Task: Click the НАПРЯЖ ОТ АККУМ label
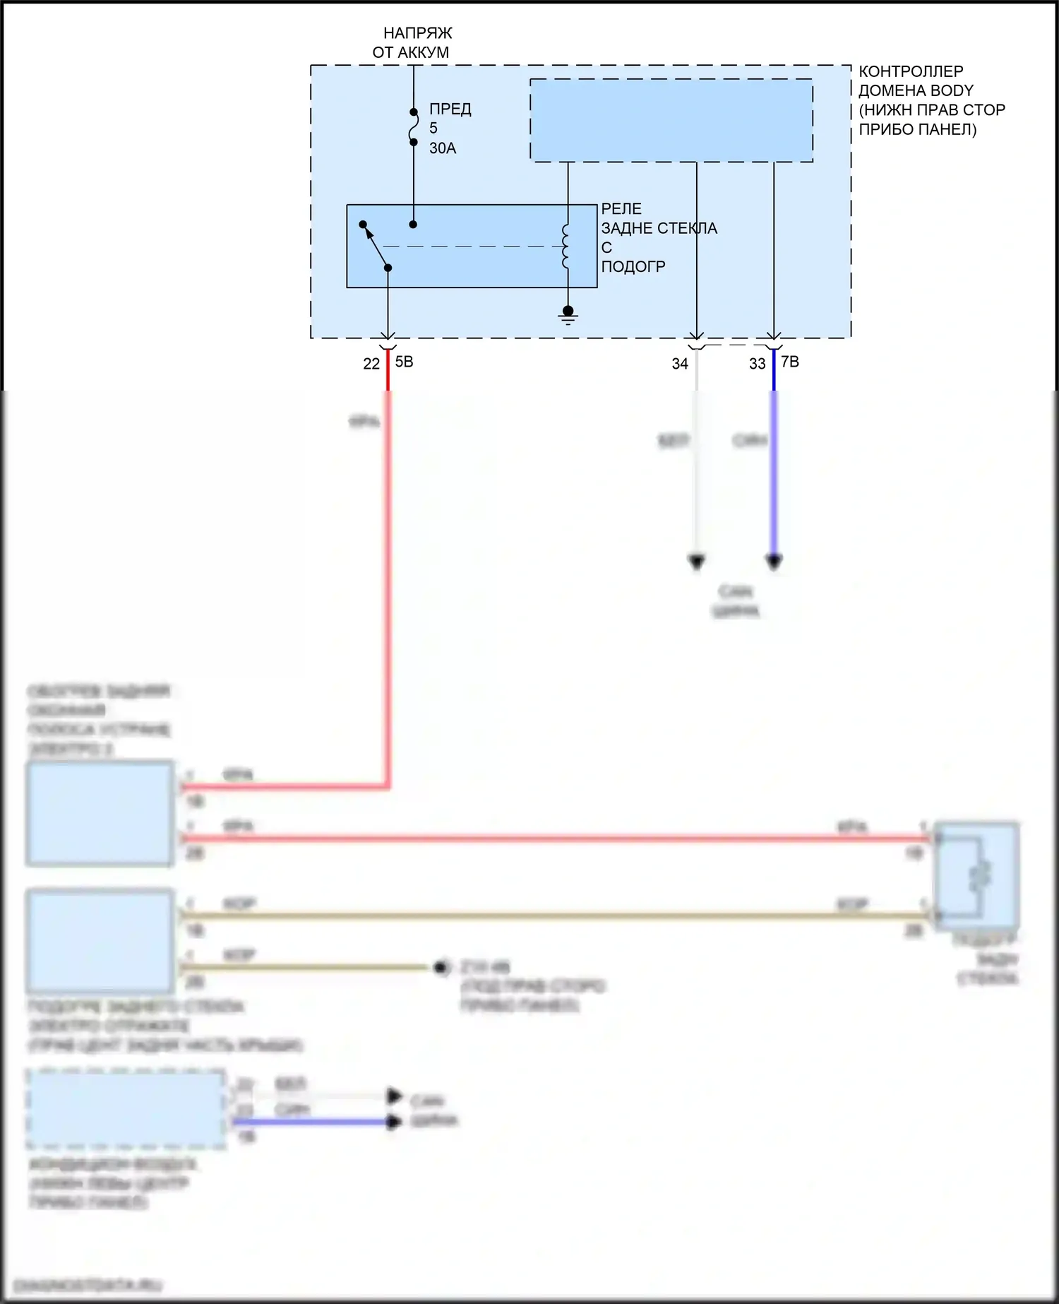[413, 42]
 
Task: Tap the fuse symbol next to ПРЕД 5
[414, 127]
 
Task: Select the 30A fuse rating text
[443, 148]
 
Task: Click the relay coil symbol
[566, 247]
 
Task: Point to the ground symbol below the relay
[568, 315]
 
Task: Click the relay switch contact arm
[376, 247]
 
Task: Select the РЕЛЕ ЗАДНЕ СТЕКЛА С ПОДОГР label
[658, 238]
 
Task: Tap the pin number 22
[371, 364]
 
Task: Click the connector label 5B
[404, 362]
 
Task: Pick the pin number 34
[679, 364]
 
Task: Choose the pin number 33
[757, 364]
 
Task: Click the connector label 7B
[790, 362]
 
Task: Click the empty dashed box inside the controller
[671, 120]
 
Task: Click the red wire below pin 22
[388, 565]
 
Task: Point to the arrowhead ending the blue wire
[774, 562]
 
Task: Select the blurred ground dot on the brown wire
[442, 967]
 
